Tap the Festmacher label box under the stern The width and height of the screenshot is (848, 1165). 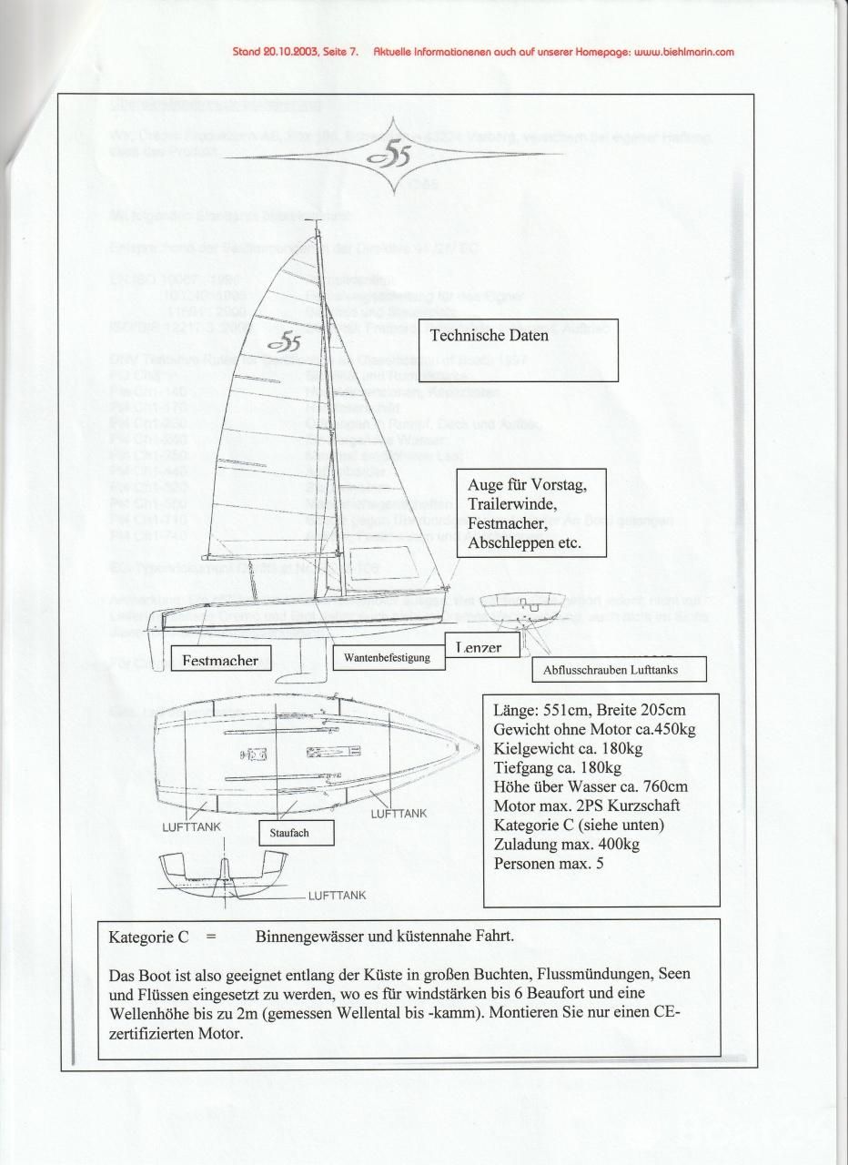[x=220, y=660]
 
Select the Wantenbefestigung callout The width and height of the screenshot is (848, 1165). [x=387, y=656]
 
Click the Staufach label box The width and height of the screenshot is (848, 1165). [x=289, y=832]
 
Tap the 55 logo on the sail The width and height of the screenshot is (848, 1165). [x=286, y=342]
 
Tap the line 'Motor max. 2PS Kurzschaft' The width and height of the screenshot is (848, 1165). [x=586, y=806]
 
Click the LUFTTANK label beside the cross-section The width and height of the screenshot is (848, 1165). [x=337, y=895]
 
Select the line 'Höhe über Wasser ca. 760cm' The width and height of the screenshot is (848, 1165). [x=591, y=787]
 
